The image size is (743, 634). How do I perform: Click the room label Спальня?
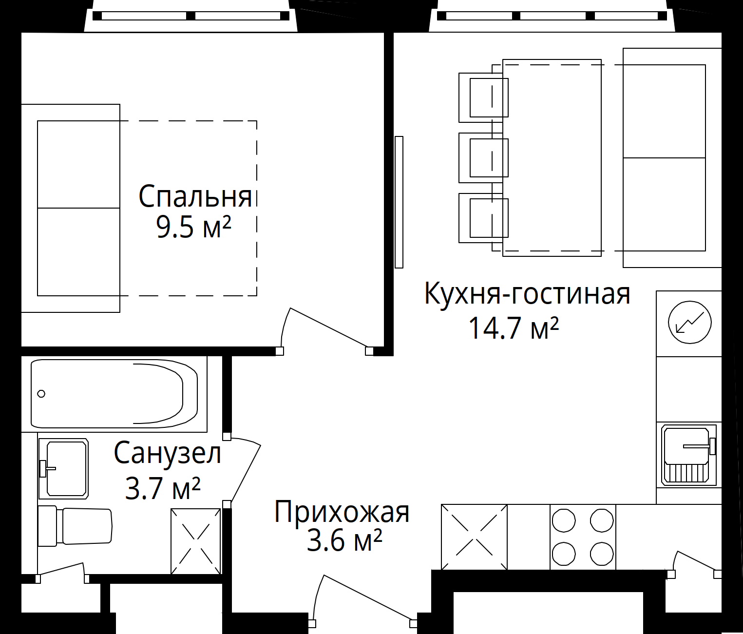(195, 196)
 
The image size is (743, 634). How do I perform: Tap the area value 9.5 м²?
(193, 227)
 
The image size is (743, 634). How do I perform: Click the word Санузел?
(167, 453)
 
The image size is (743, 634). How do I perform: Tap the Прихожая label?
(342, 512)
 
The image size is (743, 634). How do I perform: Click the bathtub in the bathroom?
(114, 393)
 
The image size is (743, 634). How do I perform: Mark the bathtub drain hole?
(41, 394)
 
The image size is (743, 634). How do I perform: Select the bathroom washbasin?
(64, 469)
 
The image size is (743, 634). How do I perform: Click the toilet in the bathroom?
(75, 526)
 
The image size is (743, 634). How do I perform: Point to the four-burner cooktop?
(583, 537)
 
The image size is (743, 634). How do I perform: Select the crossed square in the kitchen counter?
(474, 537)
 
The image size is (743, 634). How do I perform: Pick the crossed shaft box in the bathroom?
(195, 541)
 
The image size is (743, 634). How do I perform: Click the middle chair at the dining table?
(484, 158)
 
